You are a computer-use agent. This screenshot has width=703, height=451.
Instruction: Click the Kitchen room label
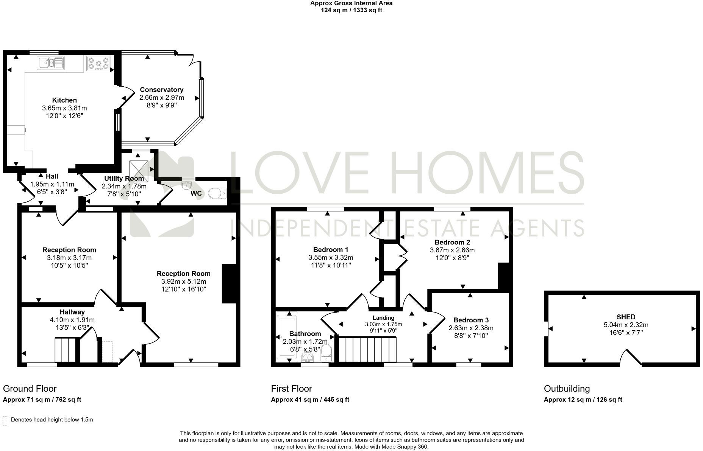pos(64,100)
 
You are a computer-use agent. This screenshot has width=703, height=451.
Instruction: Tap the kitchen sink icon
pos(51,63)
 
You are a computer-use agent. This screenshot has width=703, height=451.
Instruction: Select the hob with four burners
pos(98,63)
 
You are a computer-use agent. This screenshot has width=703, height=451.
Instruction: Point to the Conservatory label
pos(162,90)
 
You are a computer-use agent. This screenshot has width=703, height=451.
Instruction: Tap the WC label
pos(196,194)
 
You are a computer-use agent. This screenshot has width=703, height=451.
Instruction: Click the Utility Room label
pos(124,179)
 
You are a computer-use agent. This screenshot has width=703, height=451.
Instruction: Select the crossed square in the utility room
pos(139,171)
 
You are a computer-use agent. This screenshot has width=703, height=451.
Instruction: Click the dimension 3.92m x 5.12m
pos(184,281)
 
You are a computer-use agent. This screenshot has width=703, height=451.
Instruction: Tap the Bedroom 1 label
pos(331,250)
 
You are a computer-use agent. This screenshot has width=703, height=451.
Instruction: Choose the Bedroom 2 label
pos(452,242)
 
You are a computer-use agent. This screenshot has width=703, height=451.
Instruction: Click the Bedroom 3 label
pos(471,320)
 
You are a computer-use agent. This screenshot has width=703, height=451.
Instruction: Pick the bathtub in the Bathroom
pos(287,335)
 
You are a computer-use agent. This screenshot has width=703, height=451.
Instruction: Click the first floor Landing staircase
pos(367,350)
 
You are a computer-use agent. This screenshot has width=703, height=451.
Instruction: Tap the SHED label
pos(626,317)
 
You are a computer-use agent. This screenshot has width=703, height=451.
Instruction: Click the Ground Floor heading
pos(30,389)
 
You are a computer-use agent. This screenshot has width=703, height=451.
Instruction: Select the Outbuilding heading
pos(567,389)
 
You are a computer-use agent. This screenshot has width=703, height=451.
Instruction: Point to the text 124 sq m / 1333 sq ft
pos(351,10)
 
